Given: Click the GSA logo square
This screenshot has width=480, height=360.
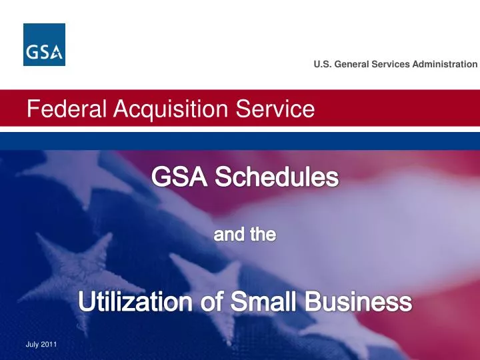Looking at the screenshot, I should click(44, 45).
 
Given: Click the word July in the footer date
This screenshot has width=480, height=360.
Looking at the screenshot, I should click(31, 344).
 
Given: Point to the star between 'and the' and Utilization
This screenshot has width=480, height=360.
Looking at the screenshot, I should click(210, 273).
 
